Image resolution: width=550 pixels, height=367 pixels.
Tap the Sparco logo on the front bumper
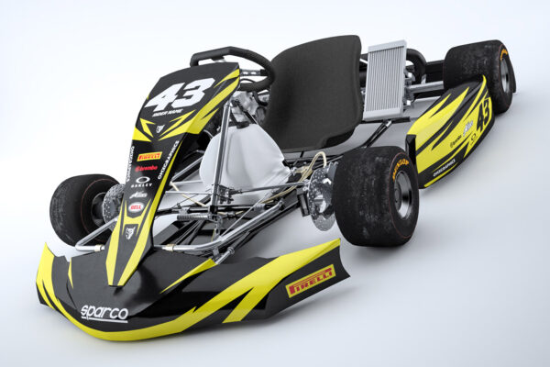point(104,313)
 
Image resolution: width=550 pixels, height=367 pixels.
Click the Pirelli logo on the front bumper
point(312,280)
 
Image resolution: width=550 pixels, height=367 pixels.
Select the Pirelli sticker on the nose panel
point(149,157)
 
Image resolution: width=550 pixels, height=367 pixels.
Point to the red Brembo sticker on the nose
point(146,169)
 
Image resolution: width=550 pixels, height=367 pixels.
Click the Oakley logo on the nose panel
point(143,182)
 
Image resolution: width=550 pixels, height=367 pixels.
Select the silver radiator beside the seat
point(385,80)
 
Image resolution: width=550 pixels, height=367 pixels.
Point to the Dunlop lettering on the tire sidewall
point(400,169)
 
